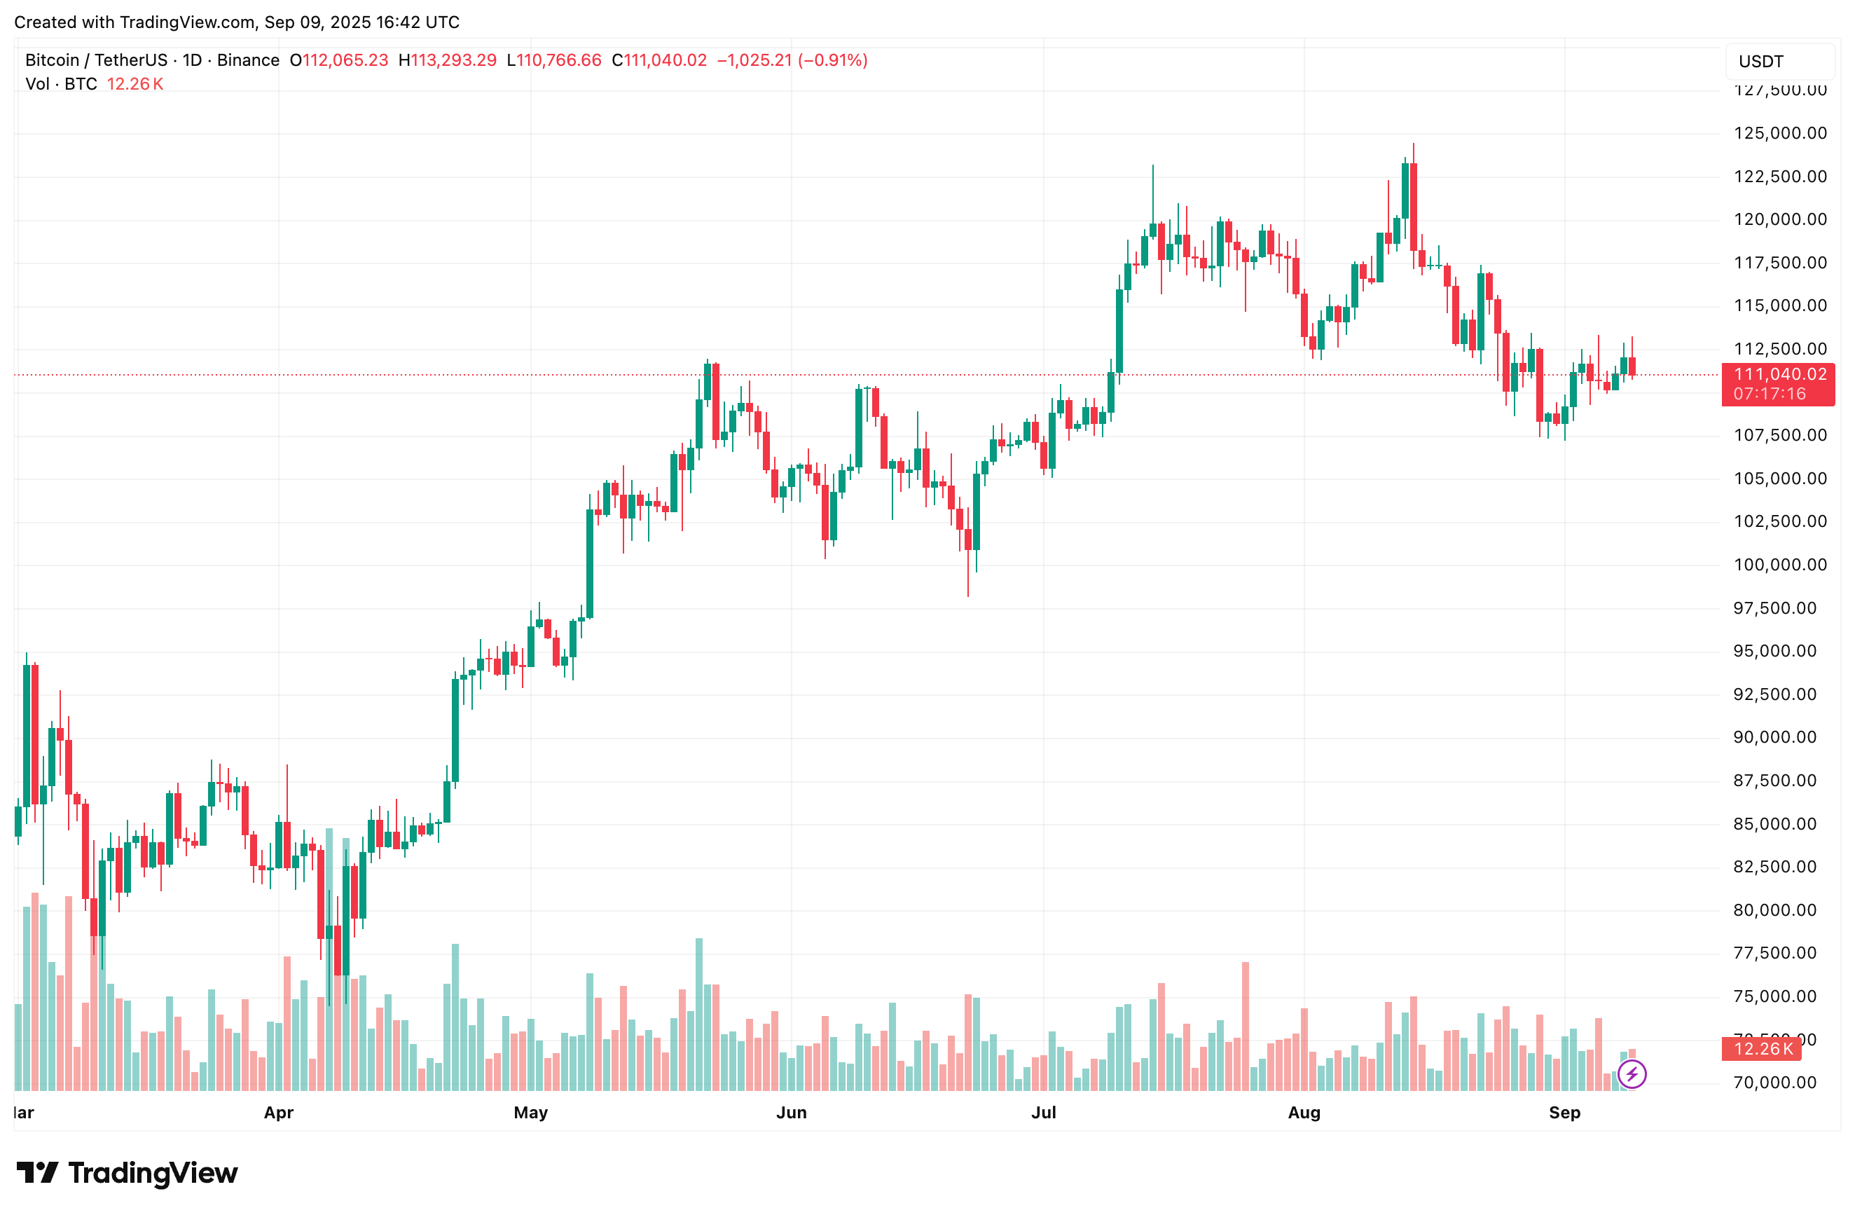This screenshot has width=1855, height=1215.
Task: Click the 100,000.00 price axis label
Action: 1779,564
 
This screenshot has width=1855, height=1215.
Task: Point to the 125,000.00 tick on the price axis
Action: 1779,133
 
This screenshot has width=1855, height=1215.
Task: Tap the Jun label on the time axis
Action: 791,1112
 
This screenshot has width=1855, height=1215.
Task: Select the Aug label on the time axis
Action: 1304,1112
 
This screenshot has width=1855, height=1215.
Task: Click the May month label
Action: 531,1112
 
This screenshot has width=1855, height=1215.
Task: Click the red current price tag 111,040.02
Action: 1779,375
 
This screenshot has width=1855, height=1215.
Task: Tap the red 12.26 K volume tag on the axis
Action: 1763,1049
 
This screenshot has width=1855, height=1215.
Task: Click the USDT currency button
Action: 1761,62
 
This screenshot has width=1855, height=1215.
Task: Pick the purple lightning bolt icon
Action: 1632,1074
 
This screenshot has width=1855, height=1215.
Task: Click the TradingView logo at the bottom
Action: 127,1173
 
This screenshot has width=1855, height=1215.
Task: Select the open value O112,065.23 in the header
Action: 339,61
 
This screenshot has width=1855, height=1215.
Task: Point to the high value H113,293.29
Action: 448,61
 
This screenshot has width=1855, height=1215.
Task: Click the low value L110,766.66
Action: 554,61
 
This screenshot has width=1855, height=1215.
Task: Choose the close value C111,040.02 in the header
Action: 659,61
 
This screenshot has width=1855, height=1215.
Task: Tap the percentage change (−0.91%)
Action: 832,61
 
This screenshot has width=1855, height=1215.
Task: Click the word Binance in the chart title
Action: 248,61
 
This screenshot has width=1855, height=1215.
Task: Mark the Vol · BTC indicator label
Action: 61,84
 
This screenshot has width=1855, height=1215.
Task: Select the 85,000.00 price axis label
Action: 1779,824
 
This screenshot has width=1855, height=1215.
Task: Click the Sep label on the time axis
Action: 1564,1112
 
